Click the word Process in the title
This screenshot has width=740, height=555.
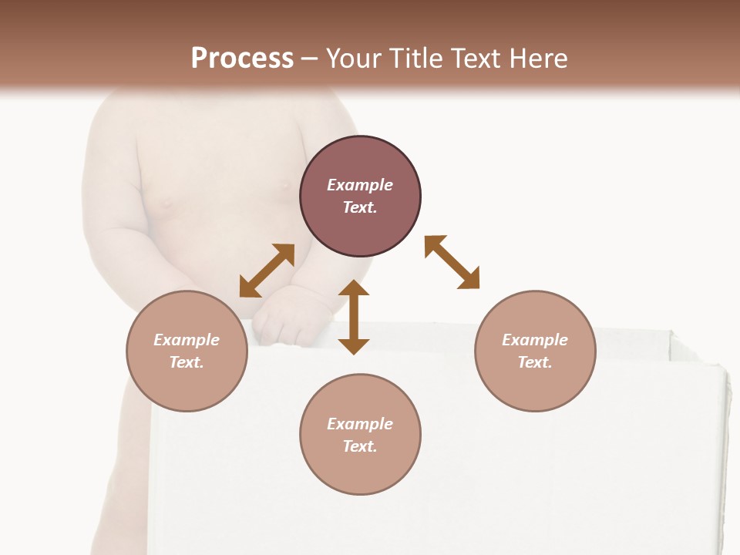(x=242, y=59)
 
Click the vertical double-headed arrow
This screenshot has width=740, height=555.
(x=354, y=317)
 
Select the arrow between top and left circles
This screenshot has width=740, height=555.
(x=267, y=271)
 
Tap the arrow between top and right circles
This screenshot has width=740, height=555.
(x=452, y=262)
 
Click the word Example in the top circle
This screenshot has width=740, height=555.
(x=360, y=185)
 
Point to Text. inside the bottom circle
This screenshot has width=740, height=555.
(x=360, y=446)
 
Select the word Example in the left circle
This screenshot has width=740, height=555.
(x=187, y=340)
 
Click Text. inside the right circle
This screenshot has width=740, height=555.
(x=535, y=362)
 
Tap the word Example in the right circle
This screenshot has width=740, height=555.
(x=535, y=340)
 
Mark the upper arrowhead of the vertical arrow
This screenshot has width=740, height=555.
(x=354, y=288)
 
